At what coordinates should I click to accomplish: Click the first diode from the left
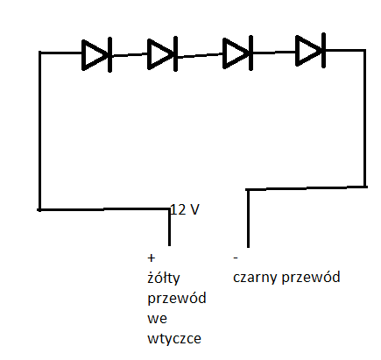click(95, 54)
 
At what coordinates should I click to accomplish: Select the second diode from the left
click(162, 54)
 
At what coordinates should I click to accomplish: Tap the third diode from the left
click(237, 53)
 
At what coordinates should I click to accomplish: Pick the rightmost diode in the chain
click(310, 50)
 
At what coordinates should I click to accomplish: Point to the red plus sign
click(152, 259)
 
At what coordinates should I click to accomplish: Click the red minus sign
click(236, 259)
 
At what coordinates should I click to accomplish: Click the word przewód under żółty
click(178, 299)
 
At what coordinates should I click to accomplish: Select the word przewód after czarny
click(313, 279)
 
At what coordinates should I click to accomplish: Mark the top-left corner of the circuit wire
click(39, 53)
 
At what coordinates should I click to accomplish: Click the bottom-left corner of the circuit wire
click(39, 209)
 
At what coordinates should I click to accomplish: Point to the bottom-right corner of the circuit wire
click(364, 187)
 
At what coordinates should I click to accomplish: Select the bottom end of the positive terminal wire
click(170, 245)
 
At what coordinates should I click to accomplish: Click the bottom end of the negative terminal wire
click(248, 246)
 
